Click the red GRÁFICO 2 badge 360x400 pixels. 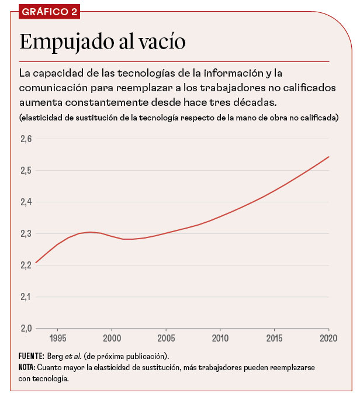(49, 12)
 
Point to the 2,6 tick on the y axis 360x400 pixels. (25, 139)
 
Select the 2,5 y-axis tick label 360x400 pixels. (25, 171)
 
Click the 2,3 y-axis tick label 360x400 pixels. (25, 234)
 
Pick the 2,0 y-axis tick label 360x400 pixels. (25, 328)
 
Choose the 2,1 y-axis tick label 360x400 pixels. (25, 296)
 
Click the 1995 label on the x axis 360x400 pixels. (58, 338)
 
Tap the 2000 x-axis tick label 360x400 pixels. (112, 338)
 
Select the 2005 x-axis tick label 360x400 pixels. (167, 338)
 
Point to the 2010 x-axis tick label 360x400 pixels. (220, 338)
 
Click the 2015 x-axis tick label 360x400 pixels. (275, 338)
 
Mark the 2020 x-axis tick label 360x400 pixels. (328, 338)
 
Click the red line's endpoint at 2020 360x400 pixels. (329, 157)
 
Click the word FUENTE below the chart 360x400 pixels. (32, 356)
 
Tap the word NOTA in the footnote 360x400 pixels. (27, 367)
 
